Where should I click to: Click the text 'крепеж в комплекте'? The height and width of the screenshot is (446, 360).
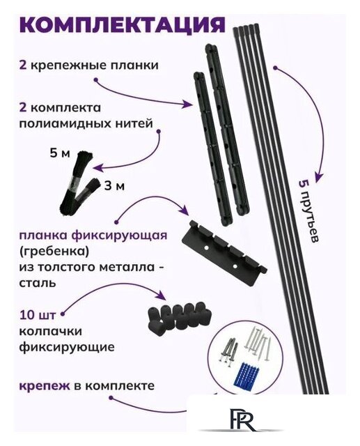[96, 385]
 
